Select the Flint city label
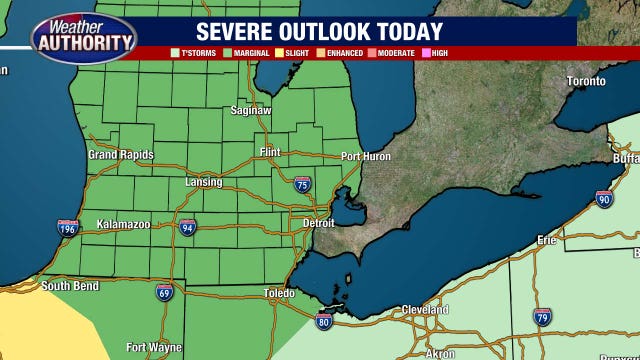click(270, 152)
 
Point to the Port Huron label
click(365, 156)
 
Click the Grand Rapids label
click(121, 155)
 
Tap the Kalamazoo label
click(123, 225)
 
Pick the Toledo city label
click(279, 293)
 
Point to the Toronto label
click(586, 81)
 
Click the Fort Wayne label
click(154, 348)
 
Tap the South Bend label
click(69, 286)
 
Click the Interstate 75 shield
click(302, 184)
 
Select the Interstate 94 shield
click(188, 228)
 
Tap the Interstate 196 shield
click(67, 228)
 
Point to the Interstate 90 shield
click(603, 200)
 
